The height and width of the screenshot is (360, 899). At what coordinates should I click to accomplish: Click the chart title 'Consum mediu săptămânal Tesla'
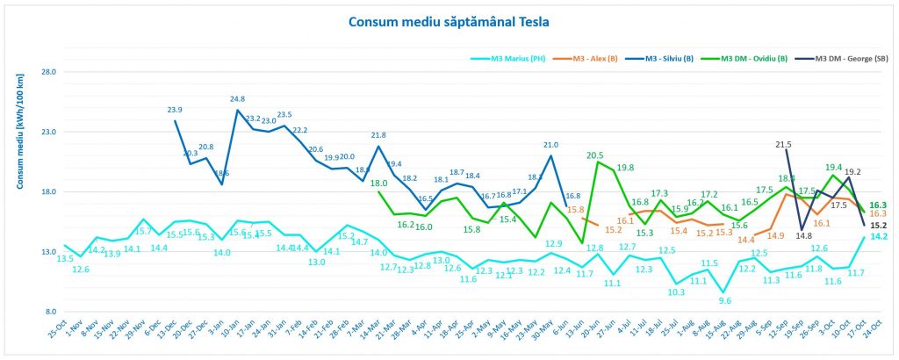click(449, 20)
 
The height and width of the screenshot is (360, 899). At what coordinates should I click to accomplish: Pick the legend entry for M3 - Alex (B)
click(595, 60)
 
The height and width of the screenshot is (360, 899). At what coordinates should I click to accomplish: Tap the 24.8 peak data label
click(237, 99)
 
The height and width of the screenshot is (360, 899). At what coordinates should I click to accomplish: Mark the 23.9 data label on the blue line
click(175, 110)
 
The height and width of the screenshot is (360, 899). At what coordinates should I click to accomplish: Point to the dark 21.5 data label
click(784, 143)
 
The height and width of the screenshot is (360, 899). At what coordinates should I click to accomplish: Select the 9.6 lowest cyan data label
click(723, 300)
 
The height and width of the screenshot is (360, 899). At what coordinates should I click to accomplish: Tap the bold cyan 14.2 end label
click(877, 235)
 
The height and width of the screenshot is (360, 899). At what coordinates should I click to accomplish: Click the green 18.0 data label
click(379, 183)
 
